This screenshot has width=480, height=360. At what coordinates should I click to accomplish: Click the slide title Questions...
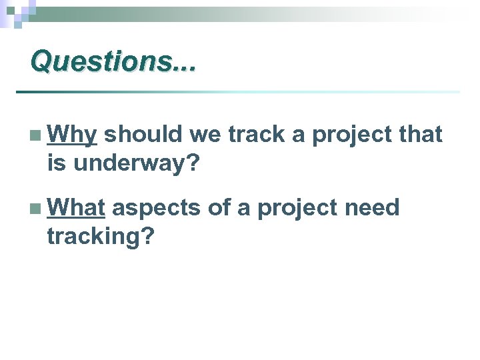[113, 61]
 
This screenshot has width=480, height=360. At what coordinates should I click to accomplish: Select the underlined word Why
[73, 135]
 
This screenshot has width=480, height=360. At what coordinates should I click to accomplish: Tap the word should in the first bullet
[143, 135]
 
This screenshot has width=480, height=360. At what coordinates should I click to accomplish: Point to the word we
[206, 135]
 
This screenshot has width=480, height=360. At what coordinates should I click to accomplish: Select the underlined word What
[76, 209]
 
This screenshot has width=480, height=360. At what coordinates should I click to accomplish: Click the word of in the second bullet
[219, 209]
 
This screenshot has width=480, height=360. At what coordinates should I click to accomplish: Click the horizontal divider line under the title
[237, 91]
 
